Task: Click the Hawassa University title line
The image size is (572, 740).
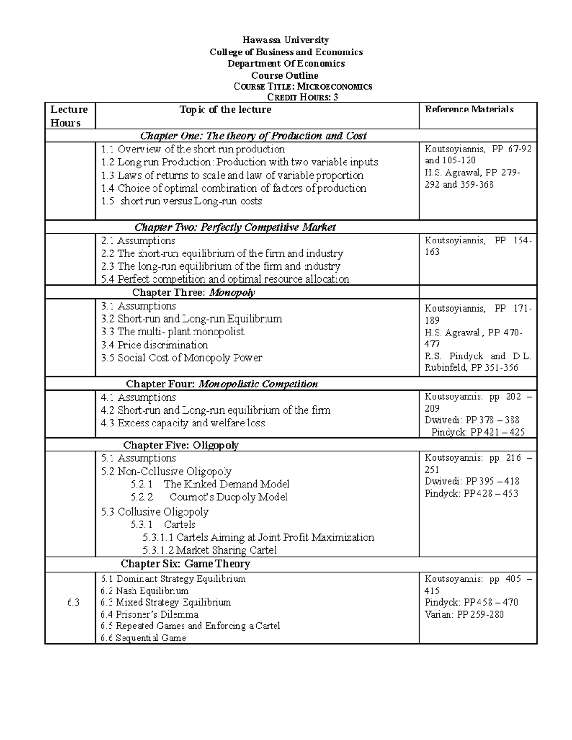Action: [286, 40]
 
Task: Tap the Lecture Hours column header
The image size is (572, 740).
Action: [69, 116]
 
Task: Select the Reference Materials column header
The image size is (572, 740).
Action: [469, 110]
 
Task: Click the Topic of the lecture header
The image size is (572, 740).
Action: [225, 110]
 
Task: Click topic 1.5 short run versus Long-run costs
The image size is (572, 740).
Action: [182, 202]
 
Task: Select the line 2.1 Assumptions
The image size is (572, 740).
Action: [138, 241]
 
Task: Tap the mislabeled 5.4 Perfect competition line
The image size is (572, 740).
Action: [225, 279]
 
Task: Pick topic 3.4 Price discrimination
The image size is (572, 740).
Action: [154, 345]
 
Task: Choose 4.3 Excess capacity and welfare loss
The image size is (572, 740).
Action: [183, 423]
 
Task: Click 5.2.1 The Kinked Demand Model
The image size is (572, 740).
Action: [210, 485]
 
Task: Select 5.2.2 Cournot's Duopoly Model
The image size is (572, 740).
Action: [209, 497]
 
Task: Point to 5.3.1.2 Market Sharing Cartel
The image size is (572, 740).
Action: [209, 550]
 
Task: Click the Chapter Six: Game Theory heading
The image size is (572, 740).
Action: [185, 564]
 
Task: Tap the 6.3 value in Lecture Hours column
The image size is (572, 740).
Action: [73, 603]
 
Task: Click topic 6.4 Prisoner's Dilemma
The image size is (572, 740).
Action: [150, 615]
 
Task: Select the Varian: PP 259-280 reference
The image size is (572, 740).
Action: [464, 615]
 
